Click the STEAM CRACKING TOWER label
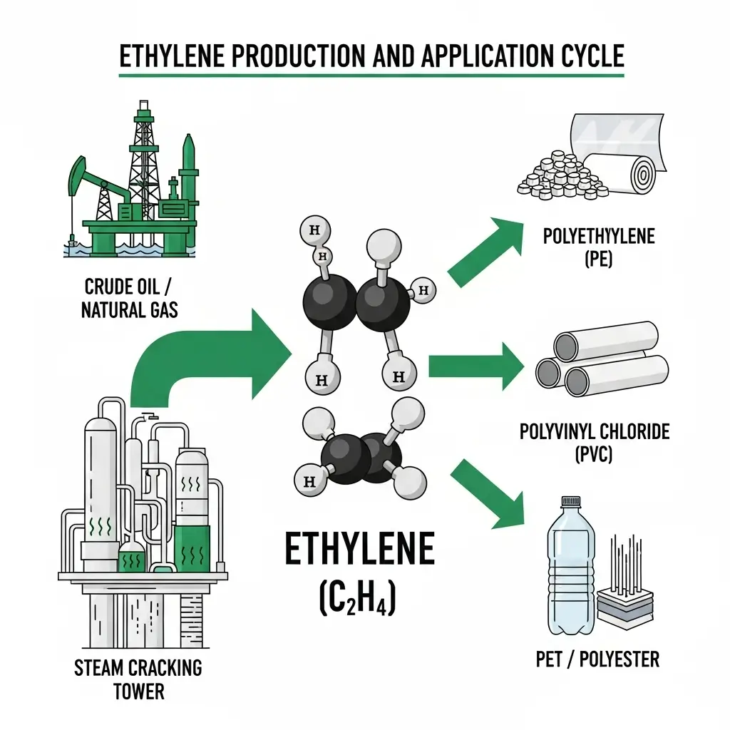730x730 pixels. point(138,679)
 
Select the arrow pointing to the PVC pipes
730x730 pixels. point(475,366)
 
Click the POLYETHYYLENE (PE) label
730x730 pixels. point(599,247)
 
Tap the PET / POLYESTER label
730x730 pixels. point(597,659)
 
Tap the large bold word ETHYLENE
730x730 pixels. point(359,550)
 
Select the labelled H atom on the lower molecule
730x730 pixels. point(309,481)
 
